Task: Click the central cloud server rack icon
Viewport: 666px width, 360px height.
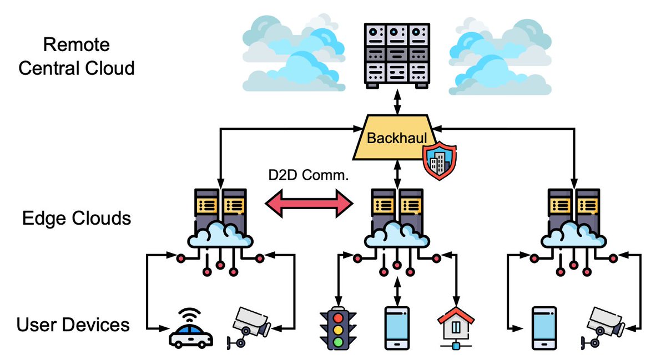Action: coord(397,55)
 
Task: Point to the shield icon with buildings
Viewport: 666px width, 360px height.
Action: coord(440,161)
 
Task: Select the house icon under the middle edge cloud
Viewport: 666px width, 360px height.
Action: coord(456,327)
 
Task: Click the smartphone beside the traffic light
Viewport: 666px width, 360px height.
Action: coord(397,328)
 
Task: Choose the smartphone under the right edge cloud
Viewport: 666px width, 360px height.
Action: coord(543,328)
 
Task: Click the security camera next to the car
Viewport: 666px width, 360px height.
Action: coord(249,327)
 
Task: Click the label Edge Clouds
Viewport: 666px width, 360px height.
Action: coord(76,218)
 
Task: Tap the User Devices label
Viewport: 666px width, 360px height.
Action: coord(73,324)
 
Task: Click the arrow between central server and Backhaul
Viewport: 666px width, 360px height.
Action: coord(397,103)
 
